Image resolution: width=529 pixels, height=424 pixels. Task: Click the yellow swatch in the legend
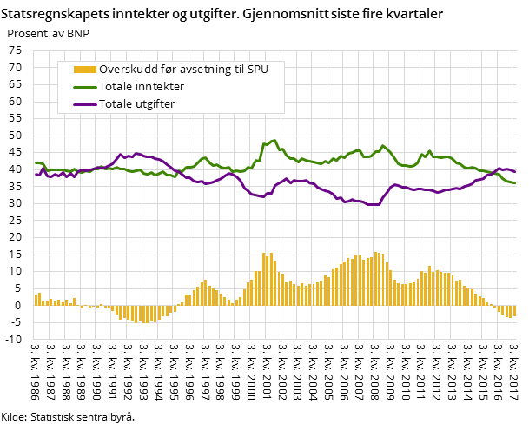[84, 70]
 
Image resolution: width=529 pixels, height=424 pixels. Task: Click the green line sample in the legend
[84, 87]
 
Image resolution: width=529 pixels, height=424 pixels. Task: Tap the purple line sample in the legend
[84, 104]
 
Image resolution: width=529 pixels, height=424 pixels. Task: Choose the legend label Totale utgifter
[137, 104]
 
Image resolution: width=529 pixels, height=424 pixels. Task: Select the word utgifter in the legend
[154, 104]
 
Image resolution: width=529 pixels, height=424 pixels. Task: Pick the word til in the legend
[240, 70]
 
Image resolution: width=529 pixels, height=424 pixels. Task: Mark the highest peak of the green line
[274, 140]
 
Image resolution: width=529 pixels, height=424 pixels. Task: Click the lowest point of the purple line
[374, 205]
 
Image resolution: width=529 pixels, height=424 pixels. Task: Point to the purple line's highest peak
[121, 154]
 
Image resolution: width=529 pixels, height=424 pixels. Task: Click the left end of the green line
[36, 163]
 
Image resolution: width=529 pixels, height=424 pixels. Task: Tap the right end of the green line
[516, 183]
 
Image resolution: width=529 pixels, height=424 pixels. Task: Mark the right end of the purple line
[516, 171]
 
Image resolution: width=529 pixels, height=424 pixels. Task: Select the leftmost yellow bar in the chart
[36, 300]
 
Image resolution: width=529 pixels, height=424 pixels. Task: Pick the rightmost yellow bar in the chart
[515, 311]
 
